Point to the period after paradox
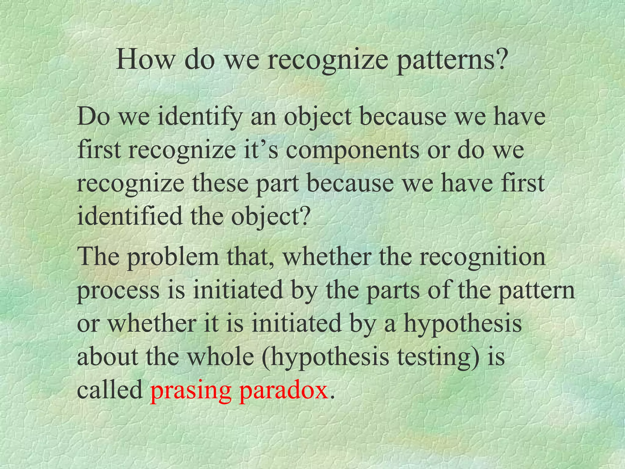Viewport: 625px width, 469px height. pos(332,397)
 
